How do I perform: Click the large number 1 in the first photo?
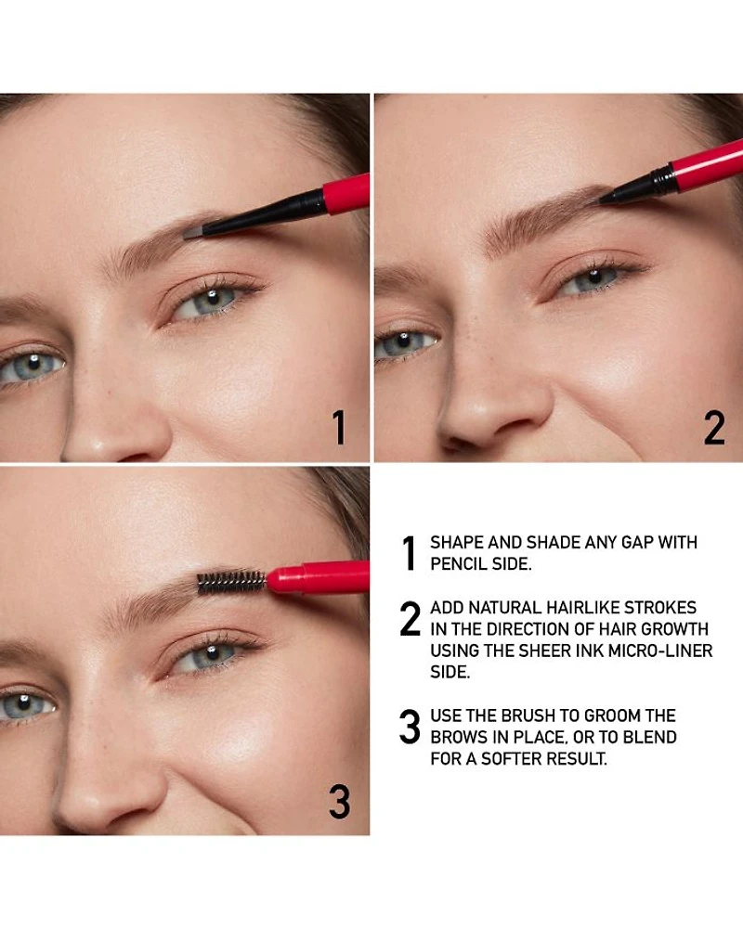339,427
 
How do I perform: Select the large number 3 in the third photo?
340,802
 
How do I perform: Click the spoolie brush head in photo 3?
231,582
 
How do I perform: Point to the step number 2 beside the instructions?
410,618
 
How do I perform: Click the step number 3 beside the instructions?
410,727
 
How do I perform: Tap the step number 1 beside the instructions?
409,553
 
